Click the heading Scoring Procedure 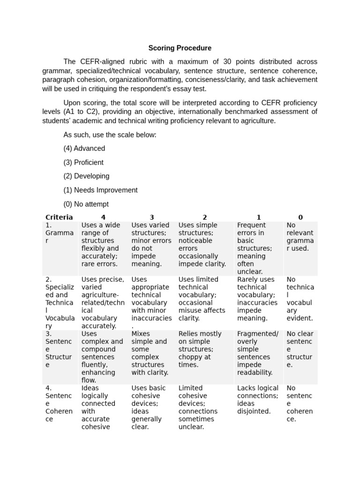(180, 48)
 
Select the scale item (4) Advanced (84, 148)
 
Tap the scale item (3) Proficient (83, 162)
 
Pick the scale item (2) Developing (86, 176)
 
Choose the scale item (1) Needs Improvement (100, 190)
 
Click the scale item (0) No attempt (86, 204)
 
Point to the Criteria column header (59, 217)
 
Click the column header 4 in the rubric (103, 217)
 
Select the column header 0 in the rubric (300, 217)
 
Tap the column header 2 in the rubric (204, 217)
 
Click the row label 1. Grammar (59, 232)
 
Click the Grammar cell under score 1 (257, 248)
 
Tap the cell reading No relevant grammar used (300, 237)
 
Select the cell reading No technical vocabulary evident (300, 299)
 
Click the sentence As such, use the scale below (110, 135)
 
